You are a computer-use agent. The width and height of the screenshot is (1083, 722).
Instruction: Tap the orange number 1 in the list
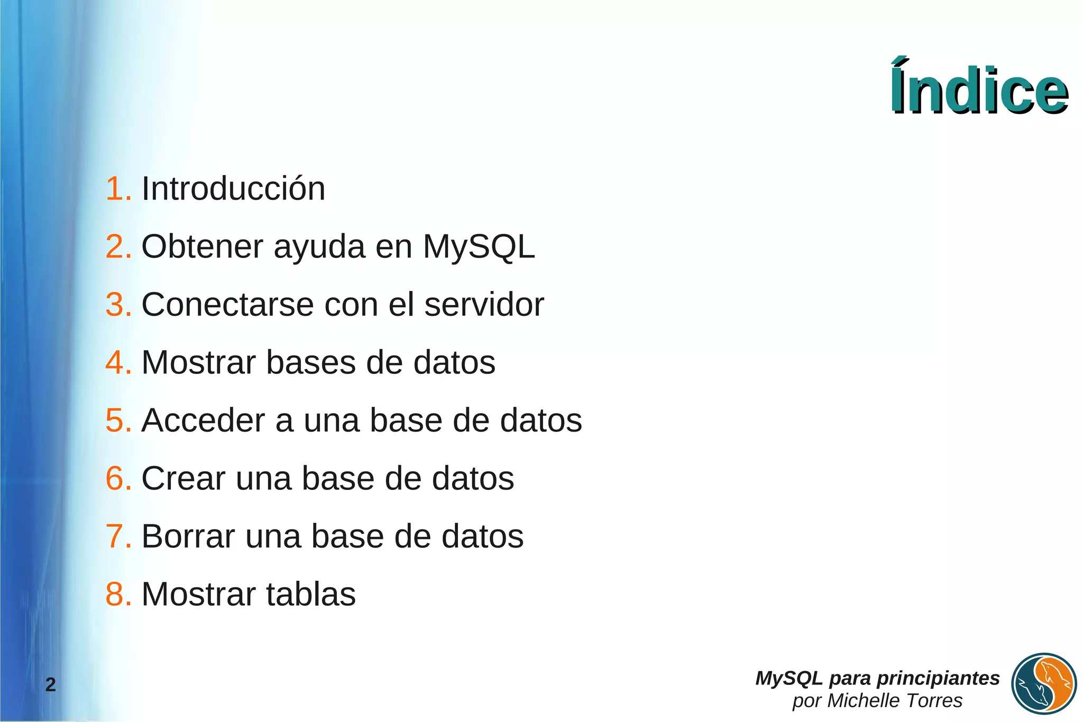click(x=116, y=189)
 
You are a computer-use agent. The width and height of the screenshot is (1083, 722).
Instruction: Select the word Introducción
click(x=233, y=189)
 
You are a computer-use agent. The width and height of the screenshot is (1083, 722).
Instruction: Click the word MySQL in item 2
click(x=479, y=246)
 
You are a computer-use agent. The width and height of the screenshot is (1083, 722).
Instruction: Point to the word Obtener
click(x=202, y=246)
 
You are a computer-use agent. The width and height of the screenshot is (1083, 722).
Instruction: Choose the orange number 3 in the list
click(x=116, y=305)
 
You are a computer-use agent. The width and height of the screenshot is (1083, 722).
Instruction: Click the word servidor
click(x=484, y=305)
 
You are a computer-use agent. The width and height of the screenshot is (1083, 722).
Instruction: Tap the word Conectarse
click(x=228, y=305)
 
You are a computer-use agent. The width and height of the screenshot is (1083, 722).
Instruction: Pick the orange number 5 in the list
click(x=116, y=421)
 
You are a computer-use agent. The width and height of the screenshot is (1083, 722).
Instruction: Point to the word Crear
click(x=183, y=479)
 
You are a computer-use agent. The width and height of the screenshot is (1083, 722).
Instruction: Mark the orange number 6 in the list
click(x=116, y=479)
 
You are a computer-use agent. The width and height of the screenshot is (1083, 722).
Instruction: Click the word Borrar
click(x=188, y=536)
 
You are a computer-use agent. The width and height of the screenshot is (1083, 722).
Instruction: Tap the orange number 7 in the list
click(x=116, y=536)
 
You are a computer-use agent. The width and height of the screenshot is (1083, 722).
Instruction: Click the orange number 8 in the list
click(x=116, y=594)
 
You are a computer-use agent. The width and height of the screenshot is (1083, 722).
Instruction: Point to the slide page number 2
click(x=50, y=685)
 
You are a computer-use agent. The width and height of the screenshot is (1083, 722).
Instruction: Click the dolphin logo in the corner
click(x=1044, y=684)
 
